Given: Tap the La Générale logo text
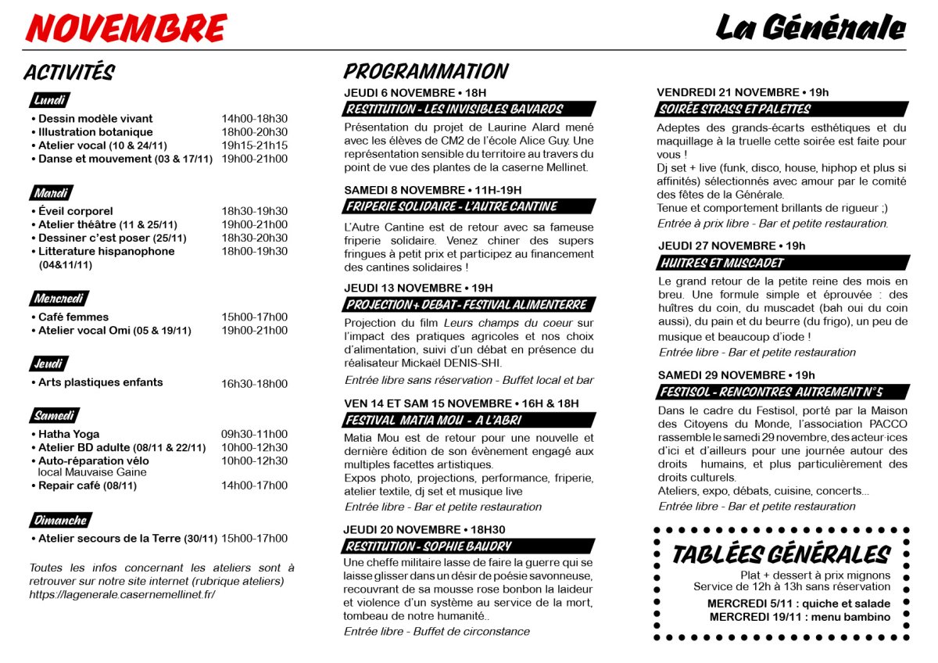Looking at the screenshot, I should [x=810, y=29].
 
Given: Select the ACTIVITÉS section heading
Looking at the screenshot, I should [x=69, y=73].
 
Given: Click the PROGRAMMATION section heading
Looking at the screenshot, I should [x=425, y=72].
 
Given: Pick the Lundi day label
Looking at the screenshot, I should [x=50, y=100].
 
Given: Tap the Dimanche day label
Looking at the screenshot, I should [x=60, y=520].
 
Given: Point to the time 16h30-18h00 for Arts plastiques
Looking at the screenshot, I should [x=254, y=384].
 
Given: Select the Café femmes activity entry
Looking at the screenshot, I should [x=73, y=317].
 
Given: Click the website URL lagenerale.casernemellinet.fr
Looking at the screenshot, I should [x=122, y=594].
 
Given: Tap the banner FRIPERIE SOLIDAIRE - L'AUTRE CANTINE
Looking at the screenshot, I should [x=452, y=206].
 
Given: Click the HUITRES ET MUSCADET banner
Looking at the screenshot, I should [x=721, y=263].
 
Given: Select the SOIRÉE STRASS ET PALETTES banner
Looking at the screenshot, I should [x=735, y=109].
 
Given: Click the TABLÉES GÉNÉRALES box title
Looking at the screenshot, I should [x=781, y=554].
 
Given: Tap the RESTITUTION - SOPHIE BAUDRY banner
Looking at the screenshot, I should [x=428, y=546].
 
